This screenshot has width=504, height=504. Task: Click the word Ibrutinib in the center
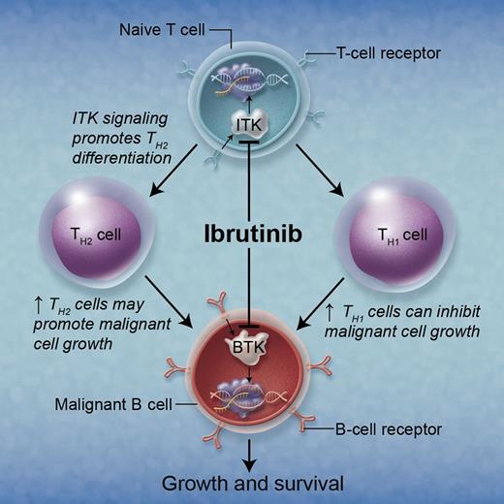[252, 235]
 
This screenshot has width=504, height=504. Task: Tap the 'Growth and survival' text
[252, 481]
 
